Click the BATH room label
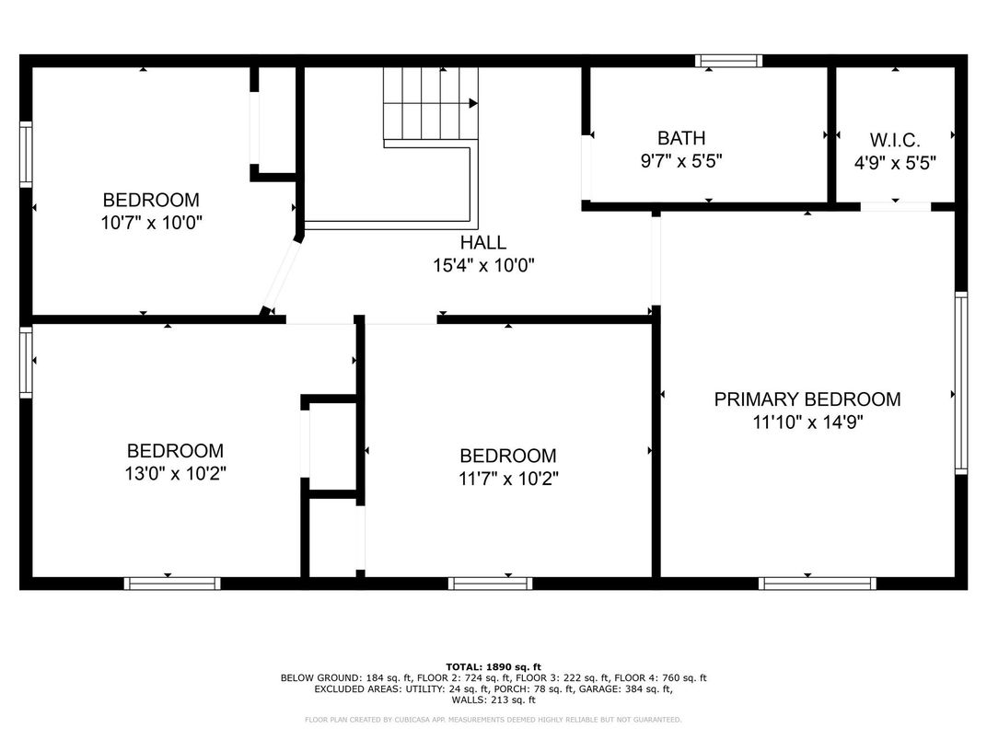(x=681, y=138)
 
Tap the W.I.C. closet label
(x=895, y=140)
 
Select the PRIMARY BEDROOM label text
(x=807, y=399)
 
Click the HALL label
(x=482, y=242)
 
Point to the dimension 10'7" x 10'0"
(x=151, y=223)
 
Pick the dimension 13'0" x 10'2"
(x=175, y=473)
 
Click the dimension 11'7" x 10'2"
(x=508, y=479)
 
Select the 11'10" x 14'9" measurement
(x=807, y=422)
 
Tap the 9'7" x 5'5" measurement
(x=681, y=161)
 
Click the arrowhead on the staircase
(x=472, y=103)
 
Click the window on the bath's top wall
(x=729, y=61)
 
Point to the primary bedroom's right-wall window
(x=961, y=383)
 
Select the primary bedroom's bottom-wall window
(x=817, y=584)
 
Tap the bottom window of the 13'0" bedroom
(x=172, y=584)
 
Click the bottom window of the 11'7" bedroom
(x=491, y=584)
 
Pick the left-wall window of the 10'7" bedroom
(x=26, y=155)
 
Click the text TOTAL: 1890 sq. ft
(x=493, y=667)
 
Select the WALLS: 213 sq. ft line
(x=493, y=700)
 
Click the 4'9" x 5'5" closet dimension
(x=895, y=163)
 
